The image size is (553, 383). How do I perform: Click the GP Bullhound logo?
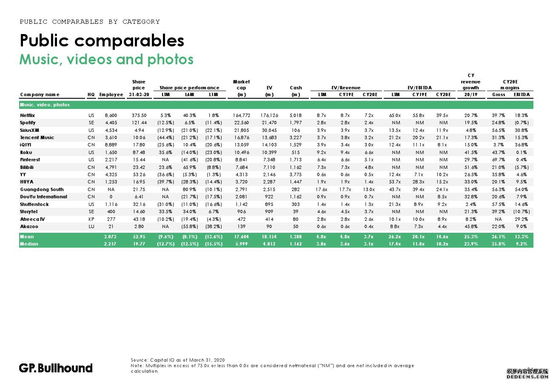[56, 368]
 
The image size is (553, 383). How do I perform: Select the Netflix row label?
[28, 115]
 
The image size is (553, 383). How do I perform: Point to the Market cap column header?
[241, 88]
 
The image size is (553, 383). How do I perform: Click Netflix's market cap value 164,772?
[241, 115]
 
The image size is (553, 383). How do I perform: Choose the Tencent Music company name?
[37, 137]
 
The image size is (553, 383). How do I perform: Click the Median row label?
[29, 244]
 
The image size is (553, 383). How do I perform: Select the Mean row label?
[27, 237]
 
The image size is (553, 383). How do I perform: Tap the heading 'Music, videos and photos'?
[106, 59]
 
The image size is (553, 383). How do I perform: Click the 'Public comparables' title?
[102, 40]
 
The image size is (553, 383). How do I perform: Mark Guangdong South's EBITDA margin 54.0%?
[522, 189]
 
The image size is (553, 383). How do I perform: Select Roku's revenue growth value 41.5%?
[470, 152]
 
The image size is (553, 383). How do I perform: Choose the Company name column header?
[40, 94]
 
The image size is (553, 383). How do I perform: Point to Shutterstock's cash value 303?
[296, 204]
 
